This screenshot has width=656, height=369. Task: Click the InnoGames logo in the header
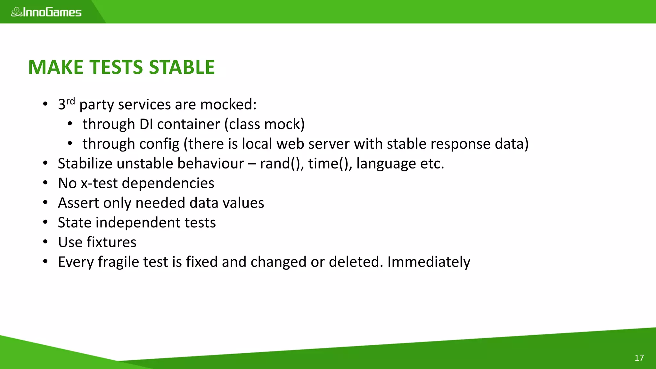pos(46,12)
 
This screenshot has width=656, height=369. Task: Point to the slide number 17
pos(639,358)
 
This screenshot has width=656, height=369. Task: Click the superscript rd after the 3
pos(70,101)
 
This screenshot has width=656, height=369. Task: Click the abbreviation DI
pos(146,124)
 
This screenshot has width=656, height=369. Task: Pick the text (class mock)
pos(264,124)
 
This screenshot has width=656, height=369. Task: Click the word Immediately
pos(429,262)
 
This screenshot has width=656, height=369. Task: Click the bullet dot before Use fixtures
pos(45,242)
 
